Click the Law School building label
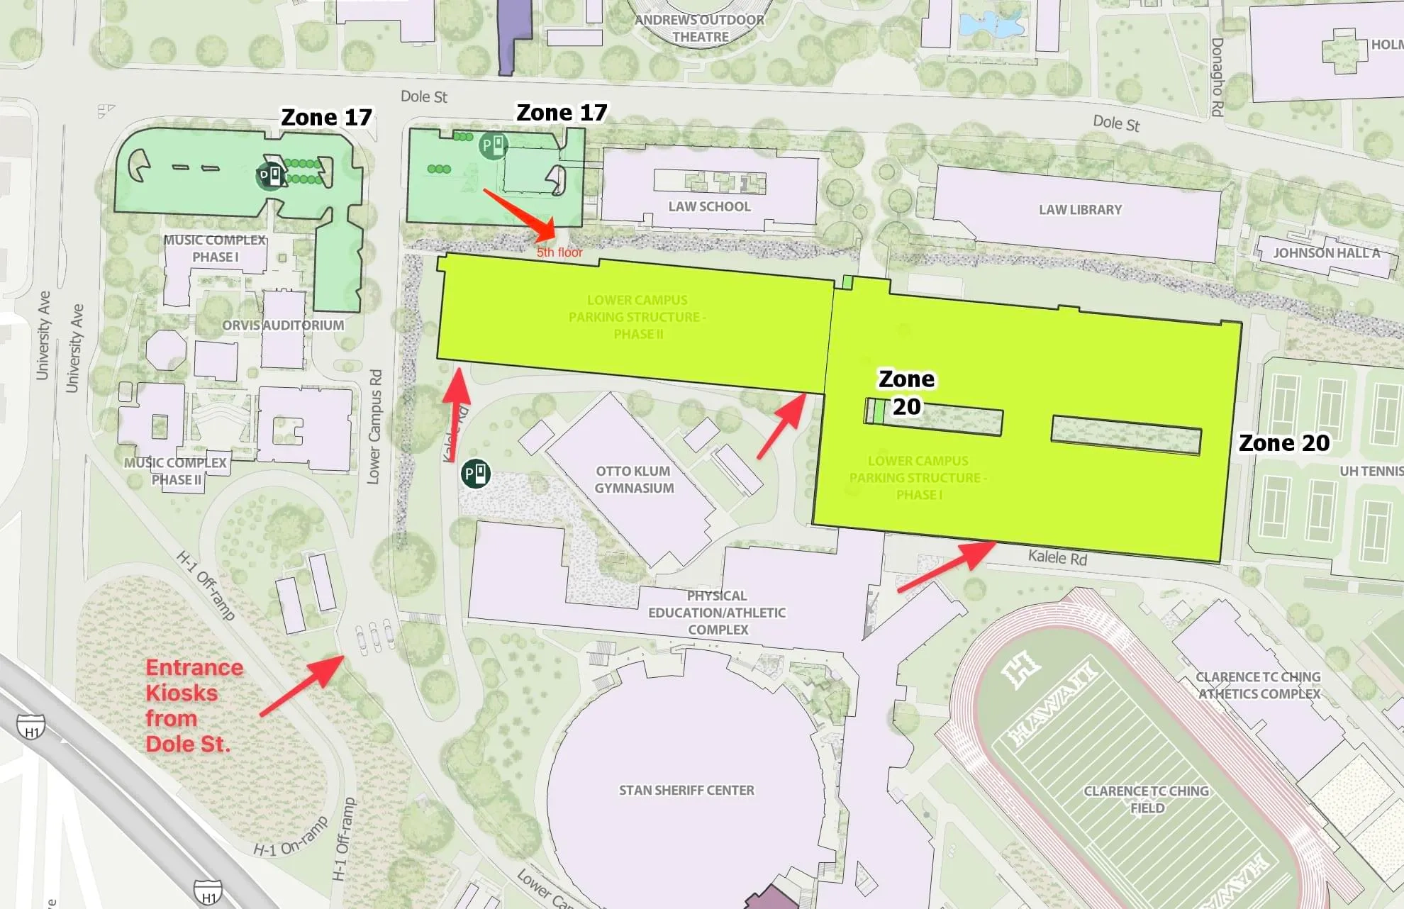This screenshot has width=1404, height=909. point(709,206)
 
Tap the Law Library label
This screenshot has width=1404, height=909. point(1080,210)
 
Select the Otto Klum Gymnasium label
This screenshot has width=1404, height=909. point(634,479)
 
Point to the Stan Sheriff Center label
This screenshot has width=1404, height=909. point(686,790)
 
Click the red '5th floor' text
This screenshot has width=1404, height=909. point(559,252)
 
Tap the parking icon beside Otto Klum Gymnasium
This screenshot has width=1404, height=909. point(476,473)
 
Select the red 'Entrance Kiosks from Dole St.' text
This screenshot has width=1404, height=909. point(193,706)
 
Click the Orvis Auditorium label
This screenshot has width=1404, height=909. point(283,325)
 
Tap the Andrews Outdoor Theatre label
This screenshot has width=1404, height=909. point(699,28)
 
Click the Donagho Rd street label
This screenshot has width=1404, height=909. point(1217,77)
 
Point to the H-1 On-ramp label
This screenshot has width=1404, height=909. point(291,837)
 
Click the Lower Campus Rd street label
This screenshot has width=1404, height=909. point(374,427)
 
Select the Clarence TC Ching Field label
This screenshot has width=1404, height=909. point(1146,799)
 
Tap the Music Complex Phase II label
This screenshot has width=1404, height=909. point(175,472)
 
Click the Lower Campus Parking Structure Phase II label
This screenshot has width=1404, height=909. point(637,317)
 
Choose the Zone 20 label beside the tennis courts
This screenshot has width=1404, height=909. point(1283,443)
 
